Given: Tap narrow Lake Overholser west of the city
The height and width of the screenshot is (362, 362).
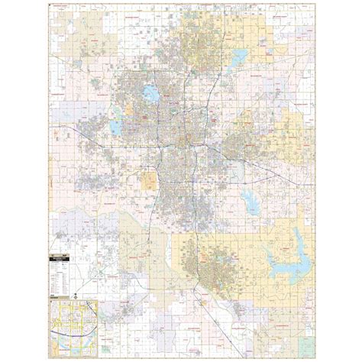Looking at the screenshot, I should (x=116, y=125).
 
